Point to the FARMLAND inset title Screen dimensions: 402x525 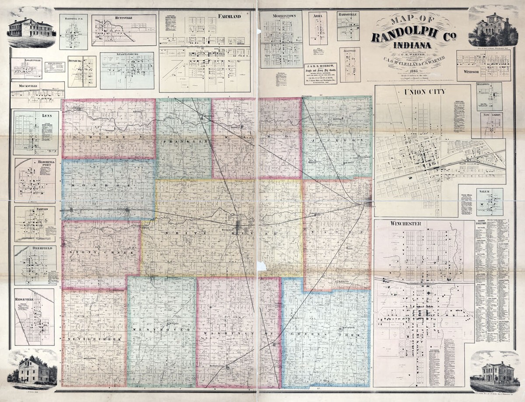229,17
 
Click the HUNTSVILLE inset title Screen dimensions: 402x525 112,18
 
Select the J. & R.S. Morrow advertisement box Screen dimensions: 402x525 320,74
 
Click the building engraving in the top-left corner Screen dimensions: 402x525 31,28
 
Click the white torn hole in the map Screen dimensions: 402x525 262,266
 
